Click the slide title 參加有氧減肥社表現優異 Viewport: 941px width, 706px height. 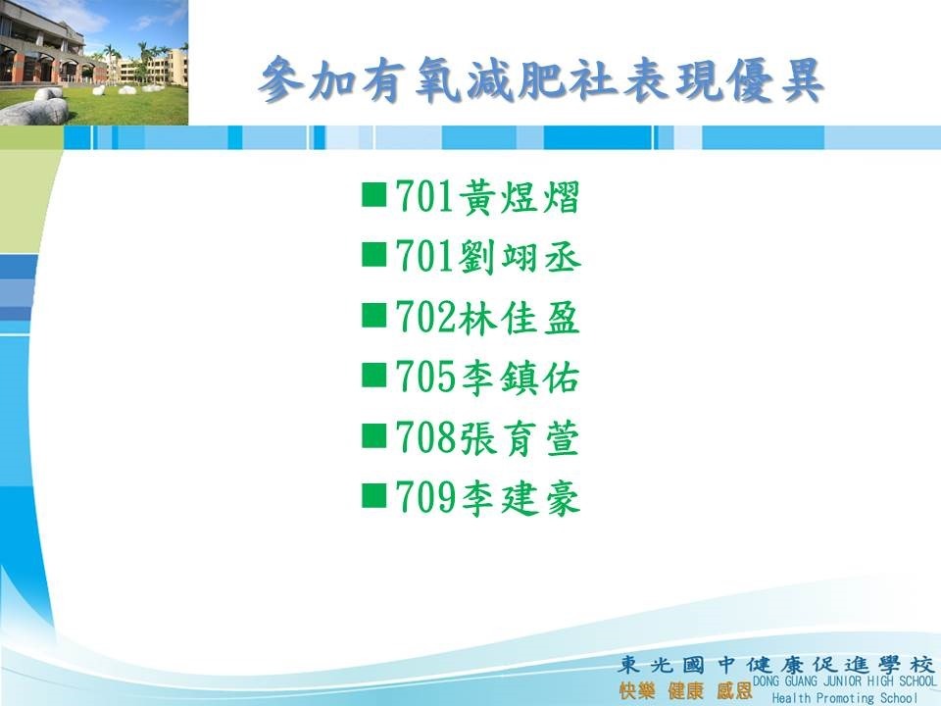point(541,79)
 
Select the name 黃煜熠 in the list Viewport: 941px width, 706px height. point(520,197)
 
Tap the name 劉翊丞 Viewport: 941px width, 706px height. point(520,257)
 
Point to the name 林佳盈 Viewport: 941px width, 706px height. point(520,318)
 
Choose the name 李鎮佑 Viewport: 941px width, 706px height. point(520,378)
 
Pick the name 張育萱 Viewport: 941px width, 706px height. point(520,438)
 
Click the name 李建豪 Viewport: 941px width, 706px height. point(520,498)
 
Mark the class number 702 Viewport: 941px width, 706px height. point(426,318)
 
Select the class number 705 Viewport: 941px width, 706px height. point(426,378)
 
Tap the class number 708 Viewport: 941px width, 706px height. point(426,438)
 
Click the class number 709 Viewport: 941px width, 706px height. point(426,498)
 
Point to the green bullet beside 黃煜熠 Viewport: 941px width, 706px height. point(373,195)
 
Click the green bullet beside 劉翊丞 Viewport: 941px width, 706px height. point(373,255)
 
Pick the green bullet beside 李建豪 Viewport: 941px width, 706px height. point(373,496)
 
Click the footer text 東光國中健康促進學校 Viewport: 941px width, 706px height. point(776,665)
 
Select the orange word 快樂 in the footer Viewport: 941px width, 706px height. point(636,691)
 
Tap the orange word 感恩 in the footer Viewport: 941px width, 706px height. point(734,691)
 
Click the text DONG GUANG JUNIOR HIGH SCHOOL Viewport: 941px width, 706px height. point(844,681)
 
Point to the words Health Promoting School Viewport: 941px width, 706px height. point(844,697)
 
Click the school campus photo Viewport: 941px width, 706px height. point(94,63)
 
